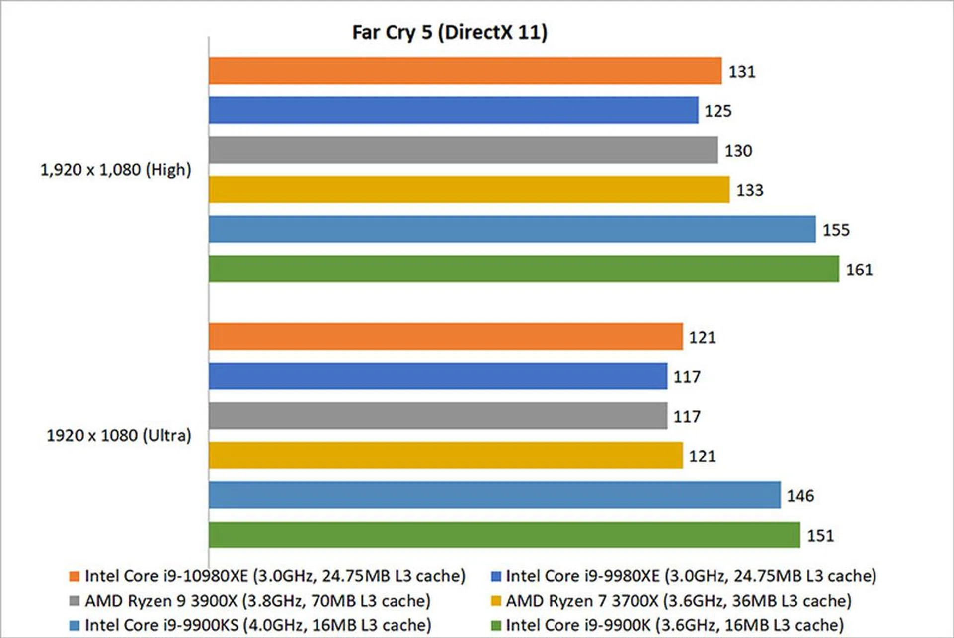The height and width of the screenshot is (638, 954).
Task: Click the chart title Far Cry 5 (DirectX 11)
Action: [x=450, y=33]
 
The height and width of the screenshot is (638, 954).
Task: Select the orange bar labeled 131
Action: [x=465, y=71]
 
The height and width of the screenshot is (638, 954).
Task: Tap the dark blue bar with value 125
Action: [x=453, y=110]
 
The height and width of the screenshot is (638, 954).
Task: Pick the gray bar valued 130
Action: [x=463, y=150]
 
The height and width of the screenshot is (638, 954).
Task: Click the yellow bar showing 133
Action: [x=469, y=189]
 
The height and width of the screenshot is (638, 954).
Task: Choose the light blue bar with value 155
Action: [x=512, y=229]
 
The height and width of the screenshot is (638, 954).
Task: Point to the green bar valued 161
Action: [x=524, y=269]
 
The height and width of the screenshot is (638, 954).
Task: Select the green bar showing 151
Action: [x=504, y=535]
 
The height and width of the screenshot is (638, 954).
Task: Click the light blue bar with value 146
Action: [x=494, y=495]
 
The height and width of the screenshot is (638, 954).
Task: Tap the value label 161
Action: [x=859, y=270]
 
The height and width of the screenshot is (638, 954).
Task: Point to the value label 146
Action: [x=800, y=496]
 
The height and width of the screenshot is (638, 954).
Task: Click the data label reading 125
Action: [x=718, y=111]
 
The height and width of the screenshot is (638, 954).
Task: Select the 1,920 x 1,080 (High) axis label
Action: [x=116, y=170]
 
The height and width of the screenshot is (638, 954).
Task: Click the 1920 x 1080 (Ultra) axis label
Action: [x=119, y=436]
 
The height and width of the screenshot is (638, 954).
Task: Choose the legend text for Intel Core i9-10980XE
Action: [x=275, y=576]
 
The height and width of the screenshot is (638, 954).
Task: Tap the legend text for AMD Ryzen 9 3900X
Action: [x=257, y=601]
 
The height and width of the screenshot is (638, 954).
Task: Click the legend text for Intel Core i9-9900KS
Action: [x=258, y=625]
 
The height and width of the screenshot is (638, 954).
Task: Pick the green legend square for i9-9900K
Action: [x=496, y=625]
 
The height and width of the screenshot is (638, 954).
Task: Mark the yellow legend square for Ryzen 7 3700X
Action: [x=496, y=601]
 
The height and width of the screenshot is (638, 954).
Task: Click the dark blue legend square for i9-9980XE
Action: [x=496, y=576]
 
